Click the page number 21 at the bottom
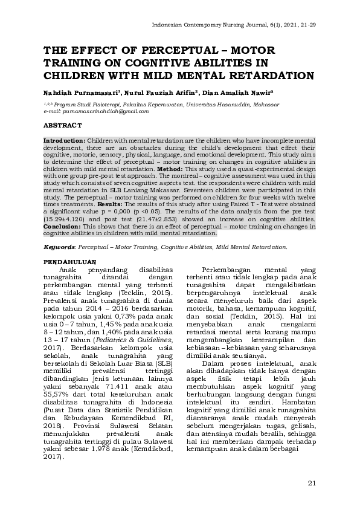pyautogui.click(x=312, y=482)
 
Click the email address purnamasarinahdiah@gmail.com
pyautogui.click(x=97, y=112)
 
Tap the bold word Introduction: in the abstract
pyautogui.click(x=63, y=140)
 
